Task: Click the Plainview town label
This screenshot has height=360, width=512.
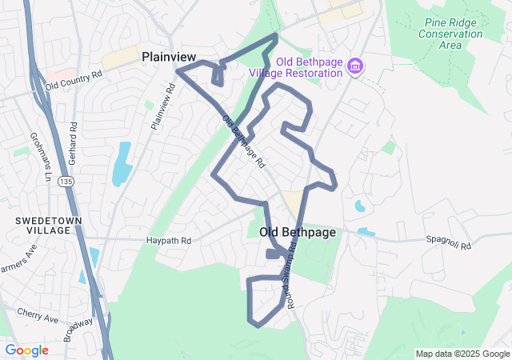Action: (x=169, y=57)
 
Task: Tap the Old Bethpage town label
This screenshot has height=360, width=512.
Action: (x=297, y=232)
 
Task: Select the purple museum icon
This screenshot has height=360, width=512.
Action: (x=355, y=65)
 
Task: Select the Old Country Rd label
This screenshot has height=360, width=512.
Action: (x=74, y=79)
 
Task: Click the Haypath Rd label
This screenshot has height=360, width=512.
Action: (x=169, y=240)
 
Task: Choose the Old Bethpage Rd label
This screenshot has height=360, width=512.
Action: (x=243, y=142)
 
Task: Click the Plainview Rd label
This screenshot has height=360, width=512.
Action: (x=162, y=107)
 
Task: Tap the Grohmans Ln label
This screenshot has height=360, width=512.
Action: (x=35, y=150)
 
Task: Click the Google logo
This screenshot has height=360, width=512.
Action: (x=26, y=350)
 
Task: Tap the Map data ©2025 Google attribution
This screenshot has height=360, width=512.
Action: (x=462, y=354)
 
